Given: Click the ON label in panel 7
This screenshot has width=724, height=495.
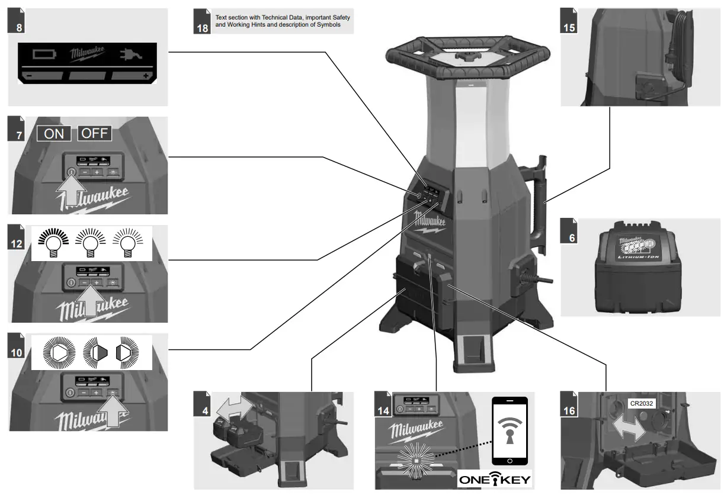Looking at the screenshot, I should click(54, 133).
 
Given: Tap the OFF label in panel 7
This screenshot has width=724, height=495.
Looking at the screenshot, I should click(95, 133).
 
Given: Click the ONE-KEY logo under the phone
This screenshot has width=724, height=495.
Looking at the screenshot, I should click(495, 478).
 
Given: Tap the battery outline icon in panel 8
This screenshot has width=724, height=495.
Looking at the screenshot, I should click(43, 55).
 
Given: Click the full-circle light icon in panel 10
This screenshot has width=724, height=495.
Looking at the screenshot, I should click(59, 353).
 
